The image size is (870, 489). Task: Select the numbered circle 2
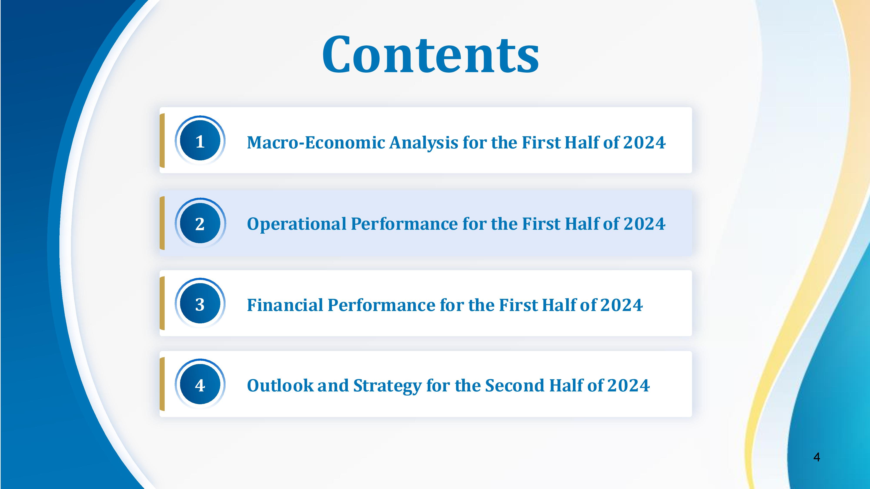click(x=200, y=223)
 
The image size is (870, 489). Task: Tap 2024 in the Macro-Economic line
click(x=644, y=142)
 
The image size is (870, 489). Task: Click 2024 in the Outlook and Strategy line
click(x=629, y=385)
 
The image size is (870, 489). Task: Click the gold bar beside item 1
click(x=162, y=140)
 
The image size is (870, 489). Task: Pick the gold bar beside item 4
click(x=162, y=384)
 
